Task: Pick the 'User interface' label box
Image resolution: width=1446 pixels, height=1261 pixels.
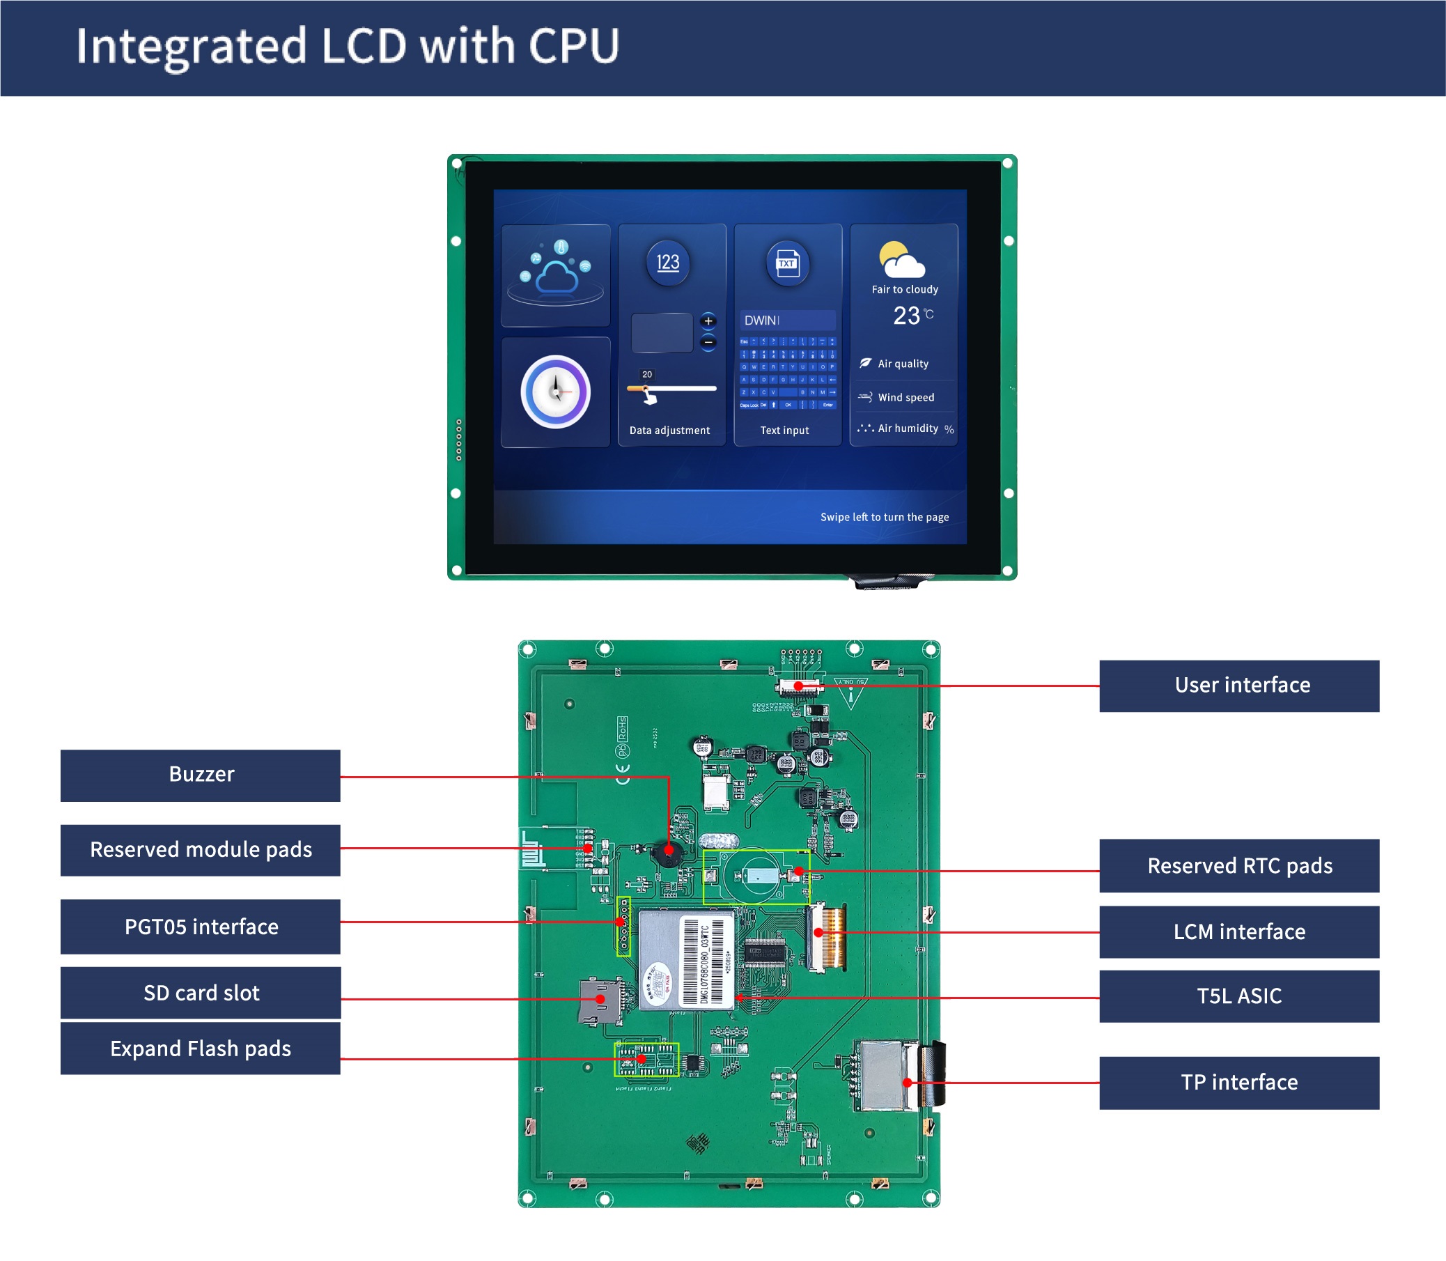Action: pos(1239,686)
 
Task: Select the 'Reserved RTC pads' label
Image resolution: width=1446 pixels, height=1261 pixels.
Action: pos(1239,865)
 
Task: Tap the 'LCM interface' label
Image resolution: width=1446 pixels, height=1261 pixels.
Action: pos(1239,931)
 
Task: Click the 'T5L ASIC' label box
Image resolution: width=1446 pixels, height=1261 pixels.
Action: pos(1239,996)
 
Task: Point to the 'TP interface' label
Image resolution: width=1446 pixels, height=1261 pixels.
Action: pos(1239,1082)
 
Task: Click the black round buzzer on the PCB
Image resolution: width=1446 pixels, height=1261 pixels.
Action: pos(667,853)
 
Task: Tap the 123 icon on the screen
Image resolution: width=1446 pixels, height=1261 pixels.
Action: pos(668,263)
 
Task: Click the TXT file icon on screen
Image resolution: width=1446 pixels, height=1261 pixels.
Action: pos(786,264)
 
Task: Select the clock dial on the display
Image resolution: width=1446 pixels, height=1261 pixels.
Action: pos(555,392)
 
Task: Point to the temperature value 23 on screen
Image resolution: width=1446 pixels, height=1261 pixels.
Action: pos(906,316)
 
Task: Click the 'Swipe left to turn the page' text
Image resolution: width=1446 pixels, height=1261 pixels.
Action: pos(884,517)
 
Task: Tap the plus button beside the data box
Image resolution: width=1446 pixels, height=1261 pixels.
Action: pos(708,321)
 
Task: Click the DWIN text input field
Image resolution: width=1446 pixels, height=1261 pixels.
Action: pos(786,320)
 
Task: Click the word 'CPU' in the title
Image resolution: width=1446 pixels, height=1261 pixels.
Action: pos(573,47)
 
